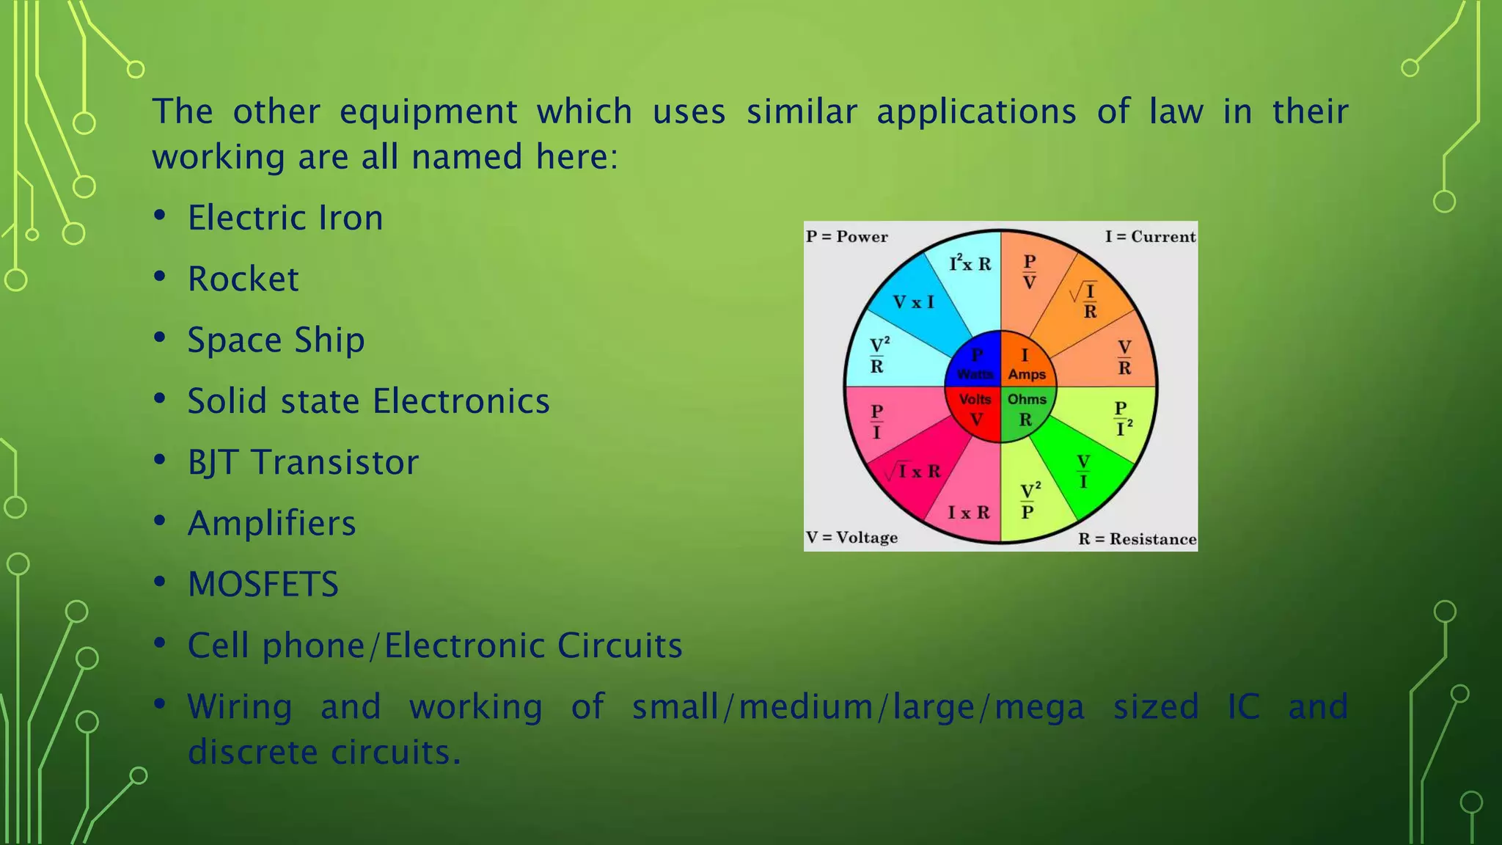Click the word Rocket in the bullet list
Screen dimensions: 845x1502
tap(243, 279)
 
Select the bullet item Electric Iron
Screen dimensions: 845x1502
tap(285, 219)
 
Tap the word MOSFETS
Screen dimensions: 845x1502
tap(263, 585)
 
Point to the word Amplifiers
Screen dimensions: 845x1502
tap(271, 524)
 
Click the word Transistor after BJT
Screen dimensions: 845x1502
tap(334, 463)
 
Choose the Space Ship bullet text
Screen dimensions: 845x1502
tap(276, 340)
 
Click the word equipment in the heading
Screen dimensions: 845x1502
tap(428, 112)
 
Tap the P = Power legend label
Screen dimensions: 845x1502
tap(846, 237)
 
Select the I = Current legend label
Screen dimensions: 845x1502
tap(1150, 237)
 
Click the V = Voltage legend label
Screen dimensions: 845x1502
tap(851, 538)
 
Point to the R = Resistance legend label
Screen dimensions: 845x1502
tap(1137, 539)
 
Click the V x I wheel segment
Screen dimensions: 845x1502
tap(913, 302)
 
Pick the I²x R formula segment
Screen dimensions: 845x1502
tap(970, 263)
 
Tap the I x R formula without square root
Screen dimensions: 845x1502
tap(968, 512)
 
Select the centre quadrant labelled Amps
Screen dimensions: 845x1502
tap(1026, 364)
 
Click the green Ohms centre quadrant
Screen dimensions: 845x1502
tap(1026, 411)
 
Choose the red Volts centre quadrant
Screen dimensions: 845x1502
tap(975, 411)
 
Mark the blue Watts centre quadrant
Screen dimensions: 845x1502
tap(975, 364)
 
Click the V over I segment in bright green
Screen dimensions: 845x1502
tap(1083, 472)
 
